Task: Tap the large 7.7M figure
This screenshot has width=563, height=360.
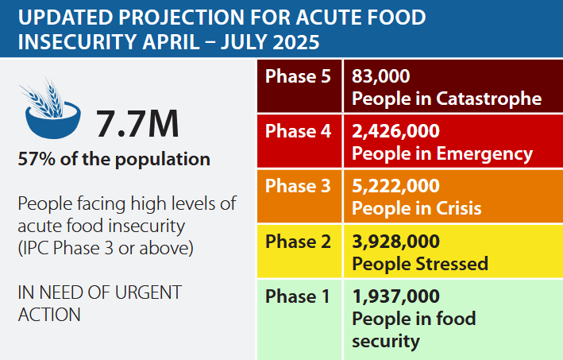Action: click(137, 124)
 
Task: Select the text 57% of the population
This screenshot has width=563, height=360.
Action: click(114, 159)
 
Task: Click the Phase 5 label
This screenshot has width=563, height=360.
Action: click(298, 77)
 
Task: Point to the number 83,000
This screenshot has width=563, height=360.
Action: click(380, 77)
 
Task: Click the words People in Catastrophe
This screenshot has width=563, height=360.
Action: click(446, 99)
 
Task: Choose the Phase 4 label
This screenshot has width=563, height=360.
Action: click(298, 132)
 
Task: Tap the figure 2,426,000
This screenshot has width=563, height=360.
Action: click(395, 132)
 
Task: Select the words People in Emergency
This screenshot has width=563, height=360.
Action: click(442, 153)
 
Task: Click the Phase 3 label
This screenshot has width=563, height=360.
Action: click(298, 187)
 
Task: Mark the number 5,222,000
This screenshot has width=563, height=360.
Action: click(395, 187)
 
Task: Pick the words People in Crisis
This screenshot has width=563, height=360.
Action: click(416, 208)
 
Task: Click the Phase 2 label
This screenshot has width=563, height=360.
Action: click(298, 242)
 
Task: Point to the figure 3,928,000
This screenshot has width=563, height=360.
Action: click(395, 242)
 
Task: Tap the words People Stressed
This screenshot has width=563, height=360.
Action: click(419, 263)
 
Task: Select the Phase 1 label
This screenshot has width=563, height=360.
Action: click(298, 297)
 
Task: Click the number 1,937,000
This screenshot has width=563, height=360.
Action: click(395, 297)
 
